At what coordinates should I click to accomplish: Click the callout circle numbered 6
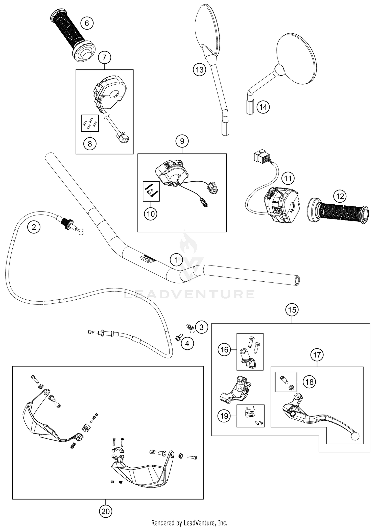tap(87, 23)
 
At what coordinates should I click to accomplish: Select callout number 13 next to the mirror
tap(200, 69)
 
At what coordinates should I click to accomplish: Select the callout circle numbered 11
tap(288, 179)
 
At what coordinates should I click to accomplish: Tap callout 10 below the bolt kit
tap(151, 214)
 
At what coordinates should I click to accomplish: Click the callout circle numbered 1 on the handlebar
tap(176, 259)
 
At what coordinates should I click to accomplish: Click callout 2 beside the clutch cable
tap(34, 227)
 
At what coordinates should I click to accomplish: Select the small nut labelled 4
tap(179, 338)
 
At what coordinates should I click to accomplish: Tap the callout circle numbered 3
tap(201, 327)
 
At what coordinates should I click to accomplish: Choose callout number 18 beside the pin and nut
tap(310, 382)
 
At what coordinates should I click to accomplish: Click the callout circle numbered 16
tap(224, 350)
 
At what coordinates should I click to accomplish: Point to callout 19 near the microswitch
tap(224, 416)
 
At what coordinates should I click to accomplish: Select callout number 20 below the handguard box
tap(105, 511)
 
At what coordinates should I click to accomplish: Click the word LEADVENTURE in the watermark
tap(189, 295)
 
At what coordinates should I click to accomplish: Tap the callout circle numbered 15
tap(292, 309)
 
